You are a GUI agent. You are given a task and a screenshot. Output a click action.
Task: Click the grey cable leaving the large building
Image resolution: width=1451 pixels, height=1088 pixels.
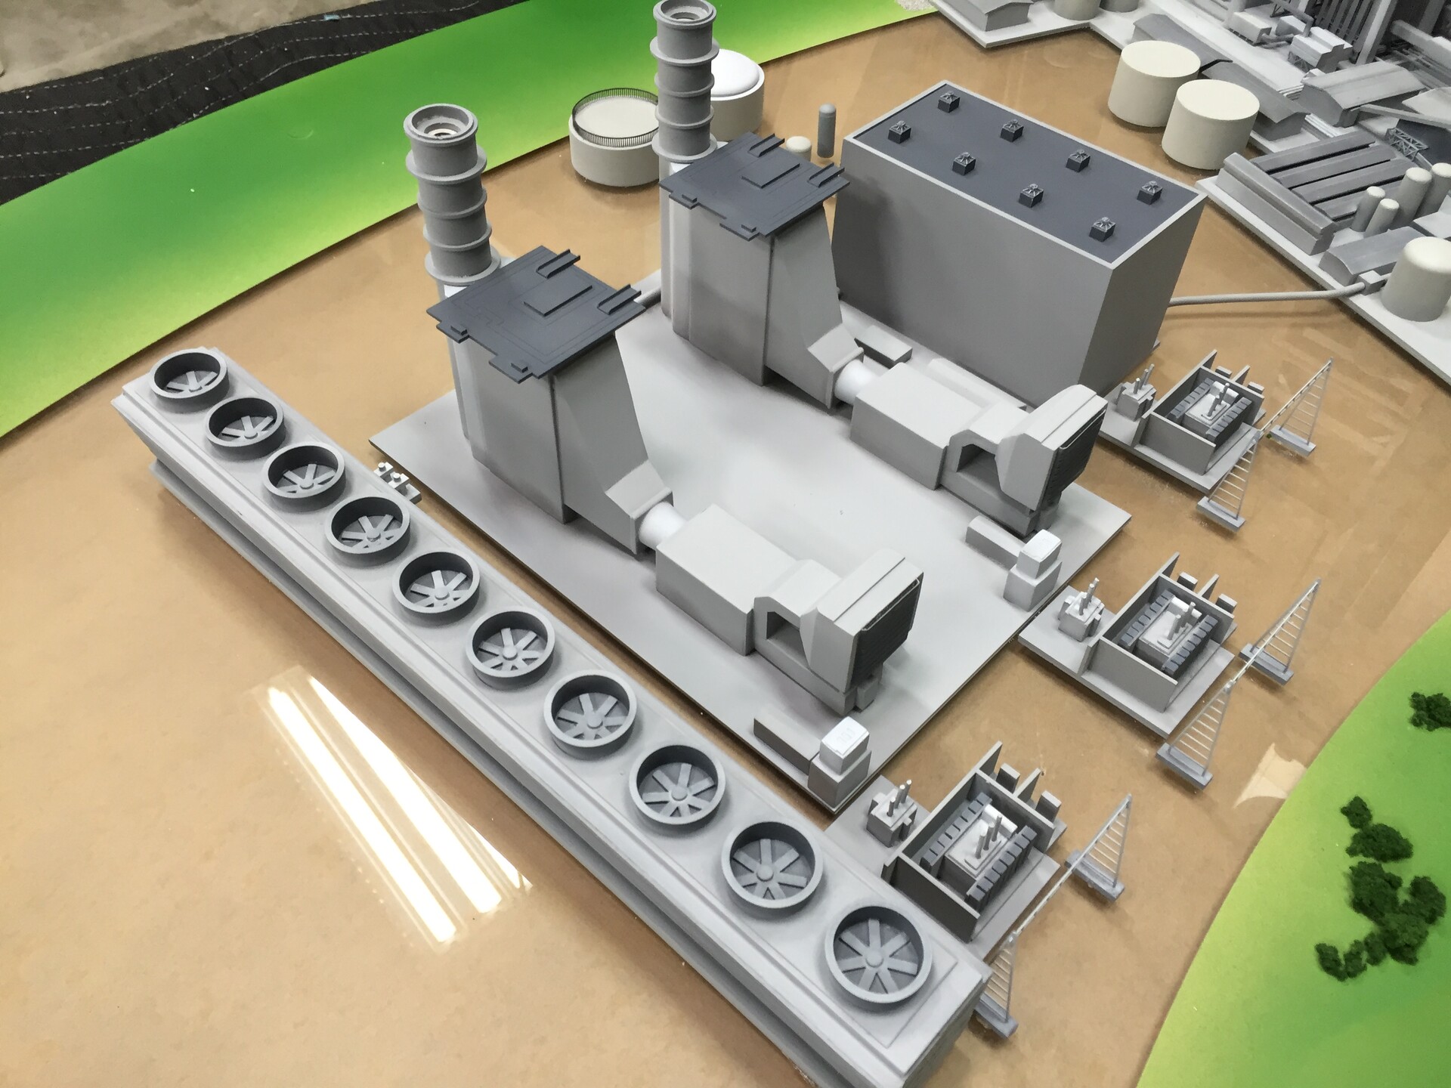tap(1285, 295)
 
